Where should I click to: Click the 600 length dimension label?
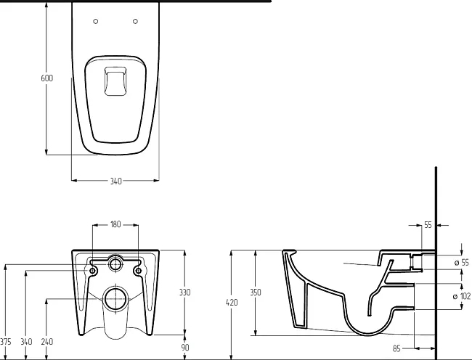click(46, 78)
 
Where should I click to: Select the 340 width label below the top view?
click(115, 181)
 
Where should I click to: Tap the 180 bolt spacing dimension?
click(115, 224)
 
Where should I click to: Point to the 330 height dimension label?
click(184, 292)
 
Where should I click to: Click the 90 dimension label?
click(185, 348)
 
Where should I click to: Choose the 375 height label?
click(5, 342)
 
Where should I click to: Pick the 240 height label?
click(46, 342)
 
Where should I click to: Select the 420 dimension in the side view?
click(232, 302)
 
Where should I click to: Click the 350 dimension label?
click(256, 292)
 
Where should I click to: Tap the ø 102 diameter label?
click(461, 296)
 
